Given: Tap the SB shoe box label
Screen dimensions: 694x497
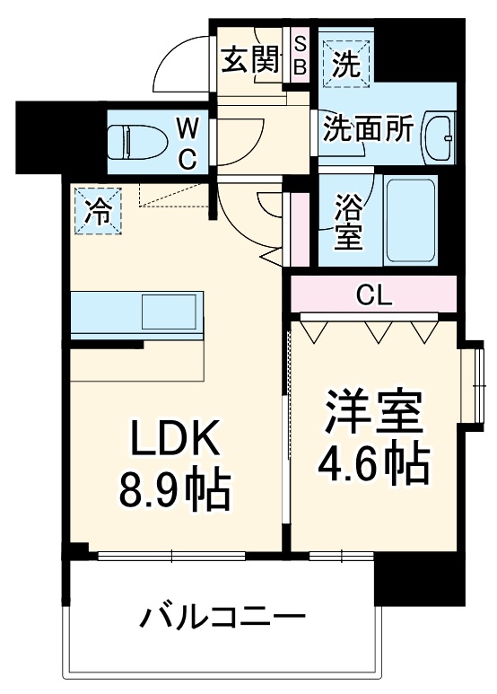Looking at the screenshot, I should [x=300, y=55].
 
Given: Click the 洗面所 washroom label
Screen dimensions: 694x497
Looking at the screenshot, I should [x=368, y=129].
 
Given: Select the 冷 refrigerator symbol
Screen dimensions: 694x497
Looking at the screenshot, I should [x=98, y=212].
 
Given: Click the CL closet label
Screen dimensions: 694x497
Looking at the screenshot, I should [x=372, y=294].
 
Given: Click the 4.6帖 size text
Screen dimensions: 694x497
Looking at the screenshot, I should [x=372, y=463].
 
